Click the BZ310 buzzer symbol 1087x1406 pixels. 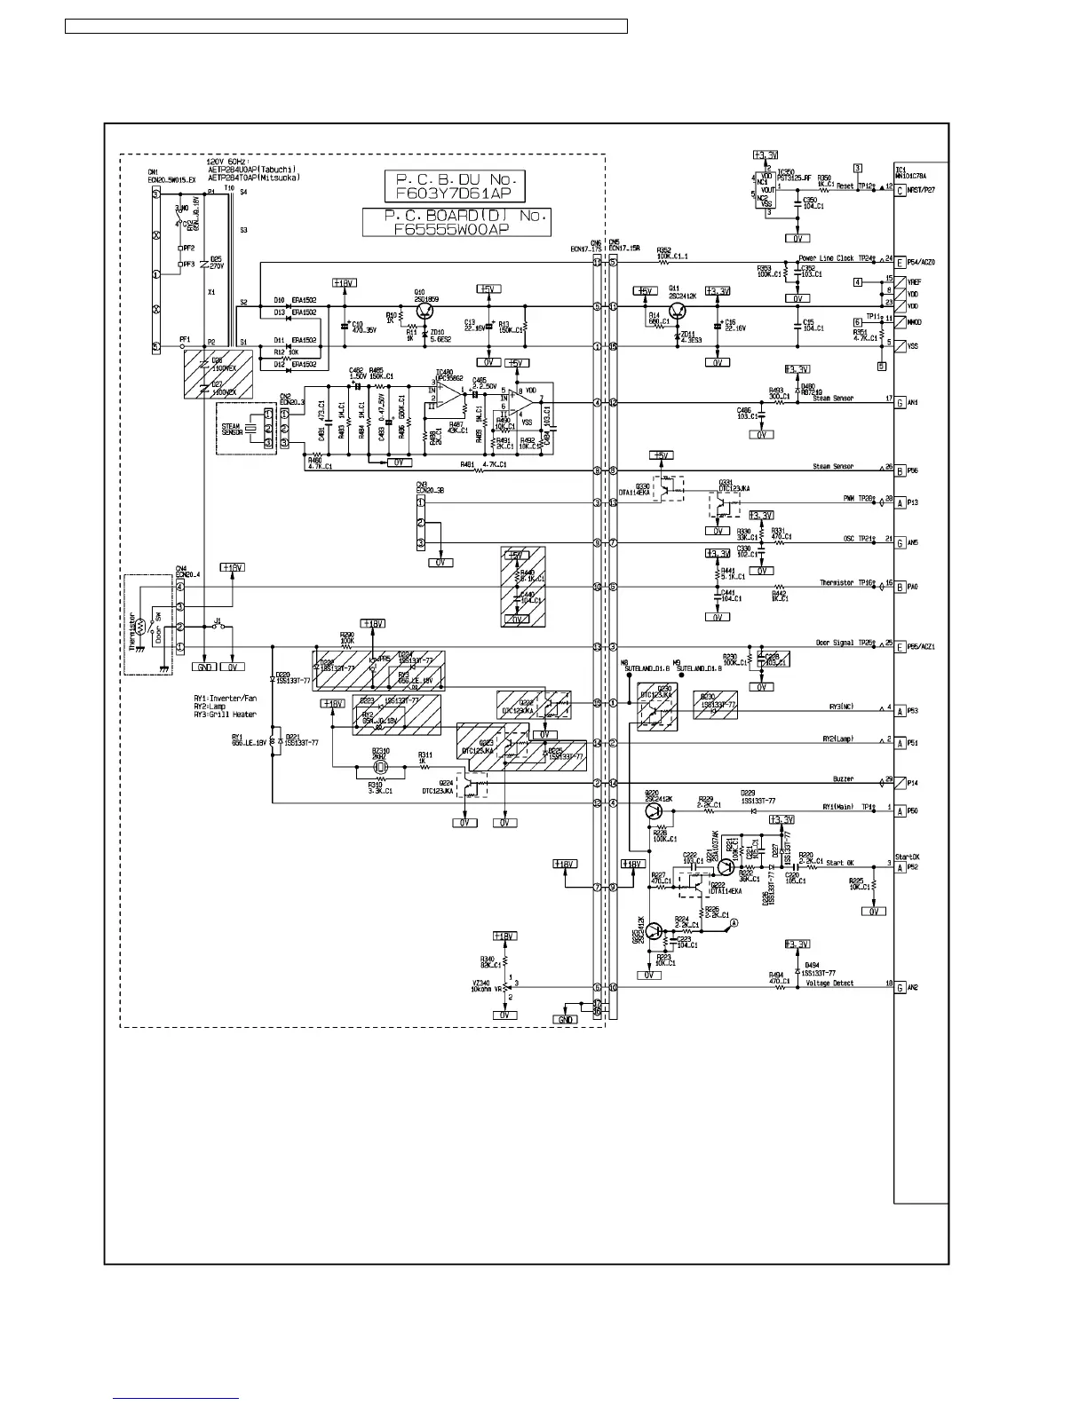[x=381, y=766]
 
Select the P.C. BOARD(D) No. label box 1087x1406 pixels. [x=456, y=222]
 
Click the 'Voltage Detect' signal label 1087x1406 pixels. [x=831, y=983]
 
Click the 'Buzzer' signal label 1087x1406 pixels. [x=843, y=778]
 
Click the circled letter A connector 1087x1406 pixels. [x=734, y=924]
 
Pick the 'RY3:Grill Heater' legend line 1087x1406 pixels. [x=225, y=715]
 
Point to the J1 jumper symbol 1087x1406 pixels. [x=218, y=627]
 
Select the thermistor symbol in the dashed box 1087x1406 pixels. [x=139, y=625]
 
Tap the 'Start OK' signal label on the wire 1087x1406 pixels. [x=839, y=862]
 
